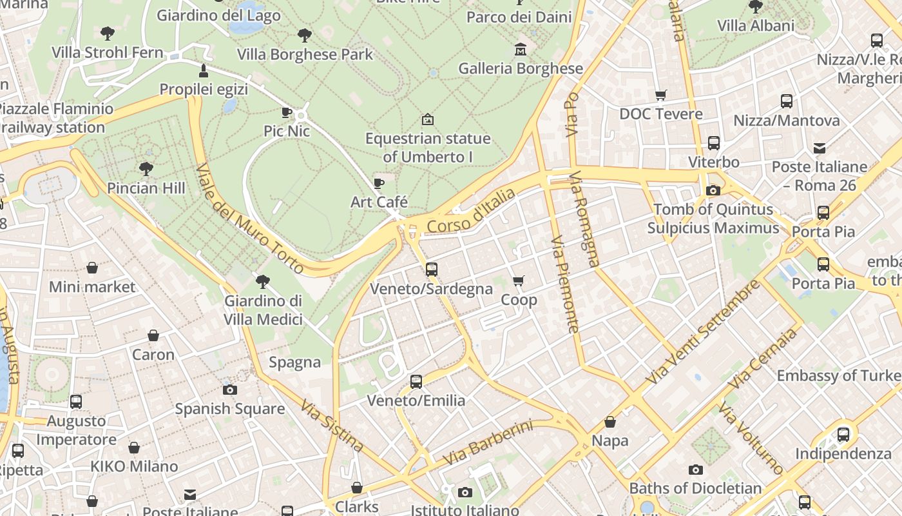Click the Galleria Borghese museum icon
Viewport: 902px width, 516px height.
point(520,50)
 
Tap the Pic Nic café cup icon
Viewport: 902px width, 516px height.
point(287,113)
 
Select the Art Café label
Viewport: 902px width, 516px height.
point(379,202)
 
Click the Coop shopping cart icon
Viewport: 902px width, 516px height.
point(518,281)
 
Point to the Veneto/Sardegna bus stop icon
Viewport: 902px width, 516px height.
point(432,270)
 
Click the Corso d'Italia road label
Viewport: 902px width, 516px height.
point(472,210)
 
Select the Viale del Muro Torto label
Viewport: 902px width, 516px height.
point(250,218)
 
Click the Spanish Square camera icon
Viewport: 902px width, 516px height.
point(229,390)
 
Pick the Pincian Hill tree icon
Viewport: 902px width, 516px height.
point(146,169)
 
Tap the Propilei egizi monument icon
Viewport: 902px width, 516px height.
point(204,70)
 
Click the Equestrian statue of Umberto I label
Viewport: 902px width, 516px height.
point(428,148)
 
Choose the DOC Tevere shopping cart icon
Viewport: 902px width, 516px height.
point(660,95)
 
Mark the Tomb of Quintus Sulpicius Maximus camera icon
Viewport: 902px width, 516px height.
point(713,190)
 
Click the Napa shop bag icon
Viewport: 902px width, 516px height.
point(609,422)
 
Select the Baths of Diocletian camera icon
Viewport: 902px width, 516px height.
point(695,470)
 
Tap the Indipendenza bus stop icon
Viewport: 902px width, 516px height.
point(843,435)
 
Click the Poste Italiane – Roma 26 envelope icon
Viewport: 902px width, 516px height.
point(819,148)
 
